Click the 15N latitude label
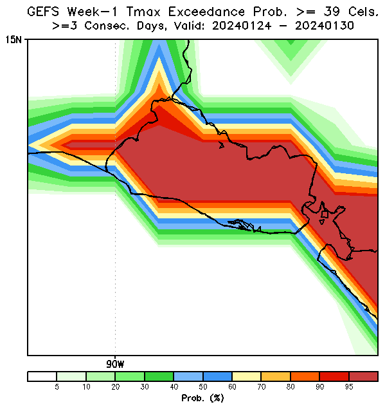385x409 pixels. pos(13,40)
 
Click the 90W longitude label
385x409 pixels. pos(115,364)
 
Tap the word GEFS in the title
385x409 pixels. pos(43,12)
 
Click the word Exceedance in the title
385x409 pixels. pos(207,12)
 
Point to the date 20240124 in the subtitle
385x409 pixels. pos(242,26)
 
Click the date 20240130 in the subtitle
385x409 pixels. pos(325,26)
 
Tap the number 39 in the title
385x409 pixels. pos(332,12)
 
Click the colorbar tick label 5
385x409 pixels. pos(57,387)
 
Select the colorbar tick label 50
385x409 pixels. pos(202,387)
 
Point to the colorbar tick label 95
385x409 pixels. pos(349,387)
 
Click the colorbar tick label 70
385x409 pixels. pos(261,387)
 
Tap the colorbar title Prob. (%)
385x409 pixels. pos(202,398)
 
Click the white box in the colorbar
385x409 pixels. pos(42,376)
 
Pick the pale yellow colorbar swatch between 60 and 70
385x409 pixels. pos(247,376)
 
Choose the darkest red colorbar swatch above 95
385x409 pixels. pos(363,376)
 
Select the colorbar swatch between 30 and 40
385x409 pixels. pos(159,376)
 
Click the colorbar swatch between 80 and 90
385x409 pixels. pos(305,376)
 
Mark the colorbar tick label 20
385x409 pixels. pos(115,387)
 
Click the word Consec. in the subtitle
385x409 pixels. pos(107,26)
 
